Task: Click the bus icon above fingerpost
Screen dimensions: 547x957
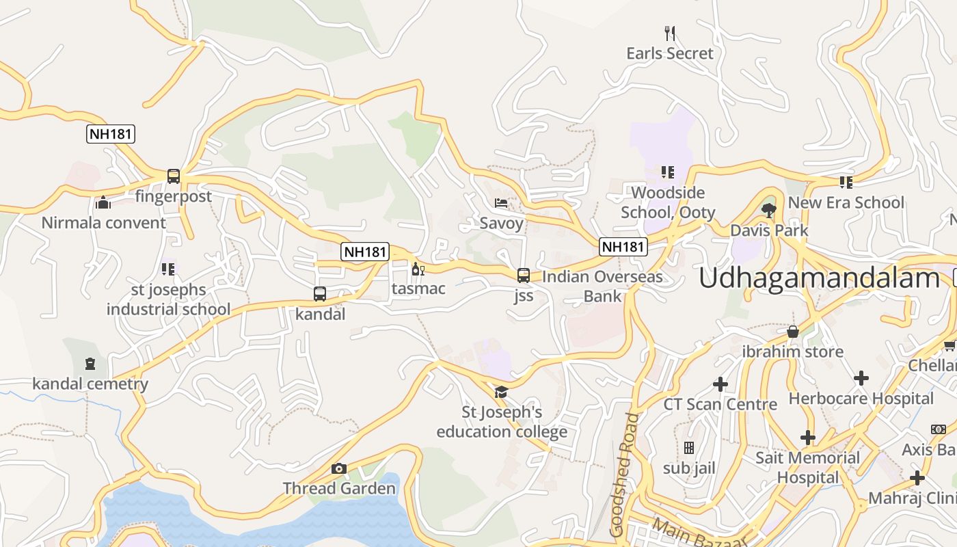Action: [174, 176]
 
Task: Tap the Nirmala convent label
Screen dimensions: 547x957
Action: [103, 223]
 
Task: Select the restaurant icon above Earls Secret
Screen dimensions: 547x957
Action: [670, 33]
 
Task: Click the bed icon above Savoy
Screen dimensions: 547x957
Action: [501, 203]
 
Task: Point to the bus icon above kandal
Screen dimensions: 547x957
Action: [319, 294]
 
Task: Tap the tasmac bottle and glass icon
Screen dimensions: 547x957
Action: [418, 269]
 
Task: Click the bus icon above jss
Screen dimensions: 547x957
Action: [524, 276]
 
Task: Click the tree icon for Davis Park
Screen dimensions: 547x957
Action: [769, 210]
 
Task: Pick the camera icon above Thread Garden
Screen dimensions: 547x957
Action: [338, 468]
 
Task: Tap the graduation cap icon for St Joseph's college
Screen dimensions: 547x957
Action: [502, 392]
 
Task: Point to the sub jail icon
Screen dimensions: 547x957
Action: [689, 448]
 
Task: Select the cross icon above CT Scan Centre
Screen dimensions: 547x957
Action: [720, 384]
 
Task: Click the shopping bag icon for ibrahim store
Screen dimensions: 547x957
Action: [793, 332]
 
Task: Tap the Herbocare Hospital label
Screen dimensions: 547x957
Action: [861, 399]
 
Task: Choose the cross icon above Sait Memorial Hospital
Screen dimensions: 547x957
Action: [807, 437]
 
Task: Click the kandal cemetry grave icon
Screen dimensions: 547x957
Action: [90, 363]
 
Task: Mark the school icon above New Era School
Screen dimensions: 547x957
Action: [846, 182]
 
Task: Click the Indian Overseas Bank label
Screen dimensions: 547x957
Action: [602, 286]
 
